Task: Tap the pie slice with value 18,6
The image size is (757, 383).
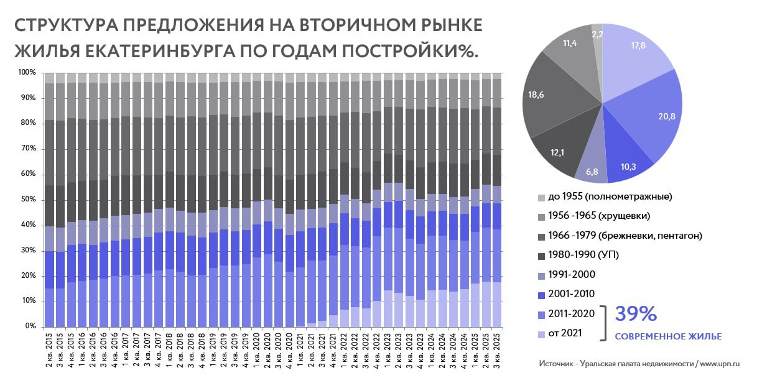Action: point(547,99)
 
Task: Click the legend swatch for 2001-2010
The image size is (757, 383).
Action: point(541,293)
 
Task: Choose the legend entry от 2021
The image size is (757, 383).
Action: point(566,333)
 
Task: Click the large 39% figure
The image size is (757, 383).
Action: point(636,314)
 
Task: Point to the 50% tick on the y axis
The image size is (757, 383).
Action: point(28,200)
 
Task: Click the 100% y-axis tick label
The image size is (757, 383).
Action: point(27,73)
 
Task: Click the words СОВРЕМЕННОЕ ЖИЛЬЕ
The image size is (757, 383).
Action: point(668,336)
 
